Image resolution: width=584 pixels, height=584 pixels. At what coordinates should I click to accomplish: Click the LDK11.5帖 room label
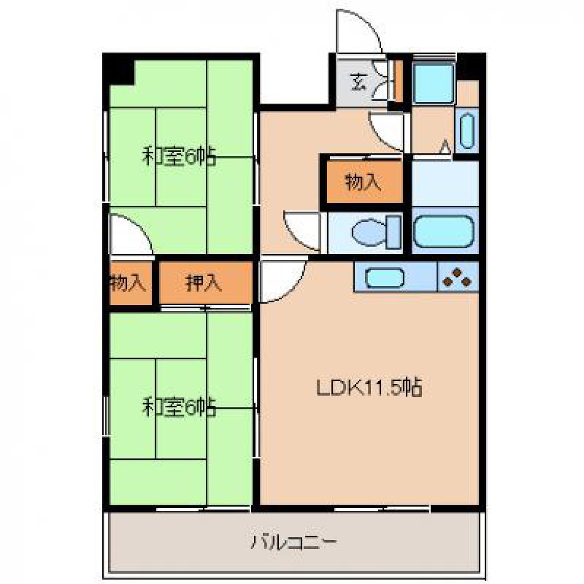coord(369,388)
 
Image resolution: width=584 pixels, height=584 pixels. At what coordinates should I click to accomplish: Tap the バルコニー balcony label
coord(294,542)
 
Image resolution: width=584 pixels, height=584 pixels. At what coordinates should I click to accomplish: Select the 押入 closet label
coord(204,283)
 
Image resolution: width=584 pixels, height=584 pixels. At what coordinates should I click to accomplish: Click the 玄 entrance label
coord(359,82)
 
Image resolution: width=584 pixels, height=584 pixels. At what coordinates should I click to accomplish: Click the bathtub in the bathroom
coord(445,231)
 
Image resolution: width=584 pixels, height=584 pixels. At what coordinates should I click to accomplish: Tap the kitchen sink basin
coord(385,278)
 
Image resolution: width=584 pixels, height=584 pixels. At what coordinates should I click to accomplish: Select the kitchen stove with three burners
coord(458,277)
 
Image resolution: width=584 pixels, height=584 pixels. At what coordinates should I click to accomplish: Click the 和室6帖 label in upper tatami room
coord(179,157)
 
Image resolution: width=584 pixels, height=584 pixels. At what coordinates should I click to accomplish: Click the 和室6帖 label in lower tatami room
coord(179,407)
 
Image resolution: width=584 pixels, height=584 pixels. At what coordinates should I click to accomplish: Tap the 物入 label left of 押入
coord(127,283)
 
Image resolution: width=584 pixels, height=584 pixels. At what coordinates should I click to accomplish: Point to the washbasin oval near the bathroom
coord(467,131)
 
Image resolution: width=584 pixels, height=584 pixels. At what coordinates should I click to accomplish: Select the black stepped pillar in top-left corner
coord(119,69)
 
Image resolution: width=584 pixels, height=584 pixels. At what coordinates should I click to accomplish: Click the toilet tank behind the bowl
coord(393,232)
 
